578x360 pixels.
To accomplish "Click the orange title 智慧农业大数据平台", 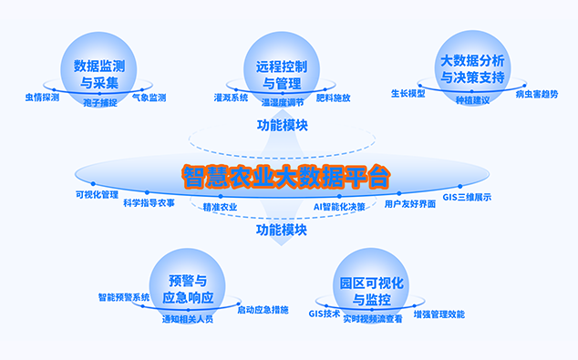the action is pyautogui.click(x=285, y=177).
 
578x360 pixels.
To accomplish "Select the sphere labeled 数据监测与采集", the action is pyautogui.click(x=98, y=69).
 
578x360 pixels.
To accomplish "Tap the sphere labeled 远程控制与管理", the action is pyautogui.click(x=282, y=69).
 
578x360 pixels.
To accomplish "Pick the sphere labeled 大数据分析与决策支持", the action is pyautogui.click(x=472, y=68).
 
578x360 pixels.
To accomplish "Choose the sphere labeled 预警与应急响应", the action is pyautogui.click(x=188, y=286).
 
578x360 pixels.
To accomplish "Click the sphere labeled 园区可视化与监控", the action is pyautogui.click(x=371, y=286).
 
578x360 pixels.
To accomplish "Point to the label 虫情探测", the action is pyautogui.click(x=42, y=98).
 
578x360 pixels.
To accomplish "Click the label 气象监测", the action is pyautogui.click(x=149, y=98).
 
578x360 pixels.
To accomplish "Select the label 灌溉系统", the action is pyautogui.click(x=232, y=98).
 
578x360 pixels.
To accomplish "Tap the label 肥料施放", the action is pyautogui.click(x=334, y=98).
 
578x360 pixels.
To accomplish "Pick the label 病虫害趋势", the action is pyautogui.click(x=537, y=95).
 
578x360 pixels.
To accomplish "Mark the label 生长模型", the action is pyautogui.click(x=408, y=94).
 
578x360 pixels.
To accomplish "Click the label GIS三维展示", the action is pyautogui.click(x=467, y=197).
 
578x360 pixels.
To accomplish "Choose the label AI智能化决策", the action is pyautogui.click(x=339, y=207).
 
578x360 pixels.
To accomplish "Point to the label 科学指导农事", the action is pyautogui.click(x=149, y=203).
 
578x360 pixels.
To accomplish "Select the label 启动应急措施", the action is pyautogui.click(x=263, y=310).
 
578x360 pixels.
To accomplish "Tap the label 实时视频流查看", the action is pyautogui.click(x=373, y=319).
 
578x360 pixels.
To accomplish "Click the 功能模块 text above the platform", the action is pyautogui.click(x=283, y=125).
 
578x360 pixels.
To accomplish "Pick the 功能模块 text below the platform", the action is pyautogui.click(x=282, y=231).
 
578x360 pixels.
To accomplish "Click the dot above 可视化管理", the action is pyautogui.click(x=93, y=183).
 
